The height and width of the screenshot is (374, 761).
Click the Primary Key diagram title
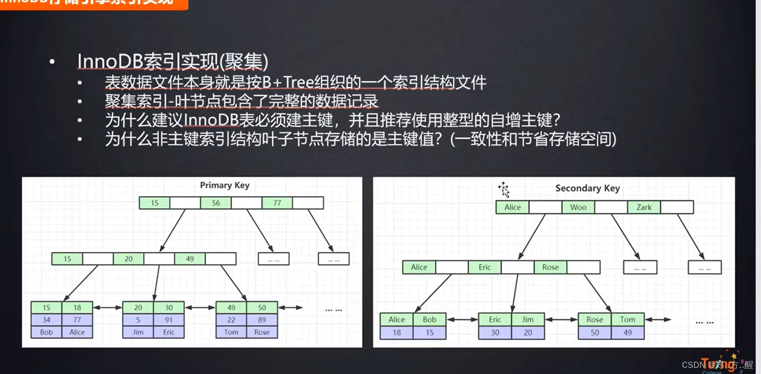(x=224, y=185)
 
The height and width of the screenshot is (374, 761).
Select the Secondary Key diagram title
(x=587, y=188)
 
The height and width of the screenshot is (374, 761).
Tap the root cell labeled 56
(x=216, y=203)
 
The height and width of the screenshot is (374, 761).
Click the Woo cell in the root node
(x=578, y=207)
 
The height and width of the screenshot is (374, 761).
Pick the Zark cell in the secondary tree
(x=643, y=207)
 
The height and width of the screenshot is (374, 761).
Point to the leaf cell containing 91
(x=169, y=320)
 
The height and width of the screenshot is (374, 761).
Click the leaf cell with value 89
(x=262, y=320)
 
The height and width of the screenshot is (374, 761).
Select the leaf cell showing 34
(x=47, y=320)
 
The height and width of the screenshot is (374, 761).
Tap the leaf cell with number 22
(x=231, y=320)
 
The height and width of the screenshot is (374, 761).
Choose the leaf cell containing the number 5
(x=138, y=320)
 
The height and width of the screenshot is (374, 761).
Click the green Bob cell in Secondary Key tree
(x=429, y=319)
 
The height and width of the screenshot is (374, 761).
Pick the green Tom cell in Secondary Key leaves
(x=627, y=319)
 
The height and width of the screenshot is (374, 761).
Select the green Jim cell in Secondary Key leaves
(x=527, y=319)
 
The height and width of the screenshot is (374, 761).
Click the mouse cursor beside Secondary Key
(x=504, y=189)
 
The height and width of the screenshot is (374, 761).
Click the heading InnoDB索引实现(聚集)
(x=173, y=62)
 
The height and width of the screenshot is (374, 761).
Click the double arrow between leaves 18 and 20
(x=107, y=308)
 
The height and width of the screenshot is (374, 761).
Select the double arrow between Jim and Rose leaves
(x=561, y=319)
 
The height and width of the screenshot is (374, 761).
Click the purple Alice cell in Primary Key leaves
(x=77, y=332)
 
